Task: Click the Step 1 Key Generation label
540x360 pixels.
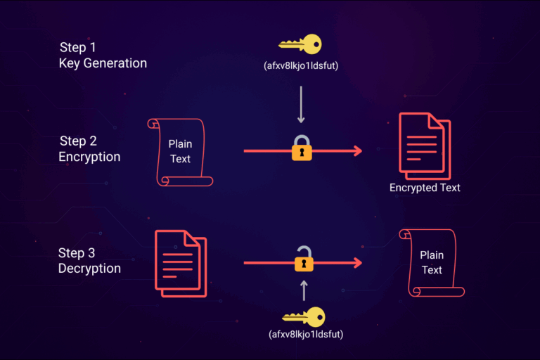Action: [x=103, y=55]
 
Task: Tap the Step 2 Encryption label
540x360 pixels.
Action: [x=90, y=148]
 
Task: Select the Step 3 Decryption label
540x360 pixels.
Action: [x=90, y=260]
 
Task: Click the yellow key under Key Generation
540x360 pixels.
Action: [x=300, y=44]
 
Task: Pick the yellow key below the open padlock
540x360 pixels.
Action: [x=303, y=317]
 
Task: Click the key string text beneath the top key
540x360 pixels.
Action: [x=301, y=67]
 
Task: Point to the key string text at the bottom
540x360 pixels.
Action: [x=304, y=335]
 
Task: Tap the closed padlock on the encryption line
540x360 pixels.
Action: [x=302, y=148]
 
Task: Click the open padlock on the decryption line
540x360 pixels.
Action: [x=304, y=259]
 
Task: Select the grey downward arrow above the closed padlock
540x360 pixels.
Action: [x=301, y=105]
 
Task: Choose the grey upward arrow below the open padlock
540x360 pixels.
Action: [x=304, y=290]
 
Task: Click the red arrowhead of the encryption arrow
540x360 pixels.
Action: [x=357, y=150]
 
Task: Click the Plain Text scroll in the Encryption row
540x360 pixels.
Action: [x=180, y=151]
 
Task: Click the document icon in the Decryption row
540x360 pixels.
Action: [x=180, y=262]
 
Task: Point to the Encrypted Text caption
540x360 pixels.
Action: [x=425, y=188]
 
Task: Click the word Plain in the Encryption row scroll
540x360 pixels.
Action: [x=180, y=144]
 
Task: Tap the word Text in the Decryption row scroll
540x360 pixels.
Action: [x=432, y=270]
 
